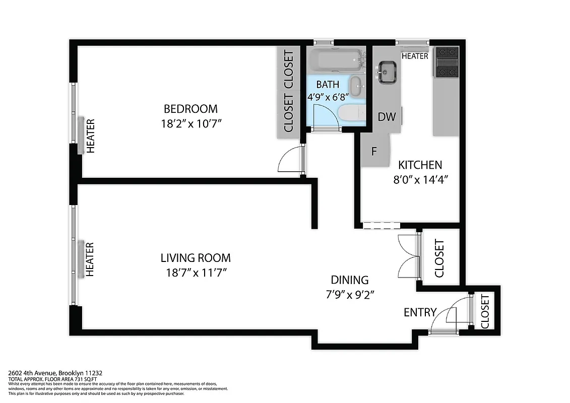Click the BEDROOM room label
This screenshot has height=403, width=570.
191,108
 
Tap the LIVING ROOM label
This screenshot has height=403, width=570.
196,258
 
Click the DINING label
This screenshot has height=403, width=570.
349,280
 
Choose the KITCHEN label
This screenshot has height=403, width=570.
420,165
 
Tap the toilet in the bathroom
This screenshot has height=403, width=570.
352,113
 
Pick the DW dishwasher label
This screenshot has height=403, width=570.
387,117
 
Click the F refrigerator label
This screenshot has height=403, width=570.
374,151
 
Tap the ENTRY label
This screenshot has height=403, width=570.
420,312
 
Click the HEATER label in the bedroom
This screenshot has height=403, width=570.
91,136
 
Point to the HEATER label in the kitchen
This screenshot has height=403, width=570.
415,56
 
